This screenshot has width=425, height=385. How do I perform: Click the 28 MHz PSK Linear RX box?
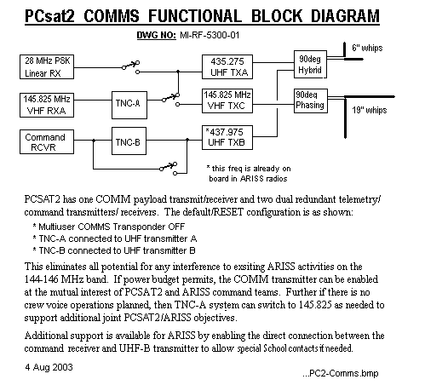tap(47, 66)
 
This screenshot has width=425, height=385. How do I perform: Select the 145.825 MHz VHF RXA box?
tap(47, 105)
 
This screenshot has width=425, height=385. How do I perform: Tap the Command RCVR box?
tap(47, 142)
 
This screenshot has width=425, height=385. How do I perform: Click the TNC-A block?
tap(129, 105)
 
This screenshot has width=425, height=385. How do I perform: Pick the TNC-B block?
tap(129, 141)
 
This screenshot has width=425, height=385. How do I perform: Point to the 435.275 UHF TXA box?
tap(227, 66)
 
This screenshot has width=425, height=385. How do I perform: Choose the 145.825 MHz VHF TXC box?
tap(227, 101)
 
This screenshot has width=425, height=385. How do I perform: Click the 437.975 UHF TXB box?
tap(227, 137)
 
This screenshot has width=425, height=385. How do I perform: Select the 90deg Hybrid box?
tap(310, 65)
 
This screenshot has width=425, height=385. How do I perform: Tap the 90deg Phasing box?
tap(311, 101)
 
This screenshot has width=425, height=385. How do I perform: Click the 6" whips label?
tap(367, 48)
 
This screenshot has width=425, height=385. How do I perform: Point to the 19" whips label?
tap(370, 110)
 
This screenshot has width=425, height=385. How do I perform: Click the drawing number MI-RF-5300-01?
tap(210, 35)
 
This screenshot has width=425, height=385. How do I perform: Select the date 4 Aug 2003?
tap(49, 367)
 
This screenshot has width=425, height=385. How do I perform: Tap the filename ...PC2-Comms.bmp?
tap(341, 373)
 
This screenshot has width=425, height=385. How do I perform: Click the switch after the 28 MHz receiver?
tap(131, 67)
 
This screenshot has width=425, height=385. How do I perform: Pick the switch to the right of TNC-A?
tap(171, 99)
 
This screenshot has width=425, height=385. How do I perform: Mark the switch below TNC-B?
tap(169, 169)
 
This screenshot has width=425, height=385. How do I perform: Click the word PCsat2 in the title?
tap(49, 16)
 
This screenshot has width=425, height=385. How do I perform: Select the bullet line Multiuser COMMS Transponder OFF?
tap(109, 227)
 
